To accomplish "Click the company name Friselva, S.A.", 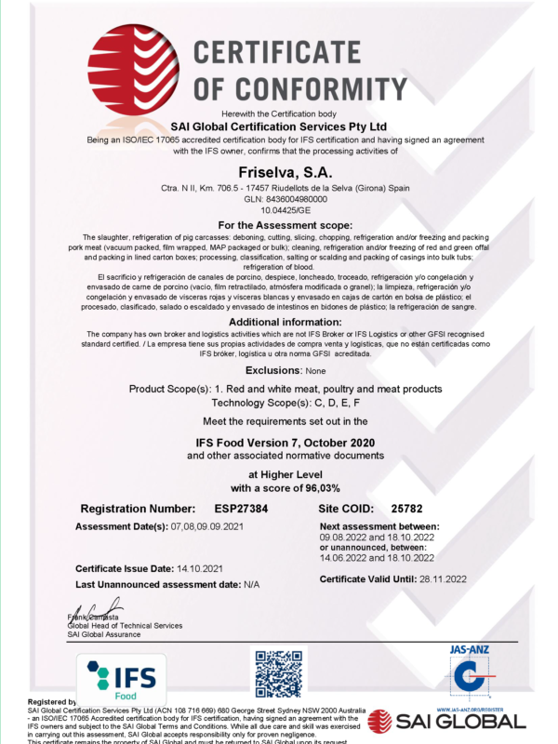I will (x=278, y=171).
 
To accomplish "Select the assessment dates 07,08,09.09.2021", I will (x=212, y=527).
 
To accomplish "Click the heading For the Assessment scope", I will (x=278, y=225).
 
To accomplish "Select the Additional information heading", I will (x=278, y=321).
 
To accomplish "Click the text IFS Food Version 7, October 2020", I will (x=278, y=442).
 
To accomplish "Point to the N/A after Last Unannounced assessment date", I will (x=250, y=583).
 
